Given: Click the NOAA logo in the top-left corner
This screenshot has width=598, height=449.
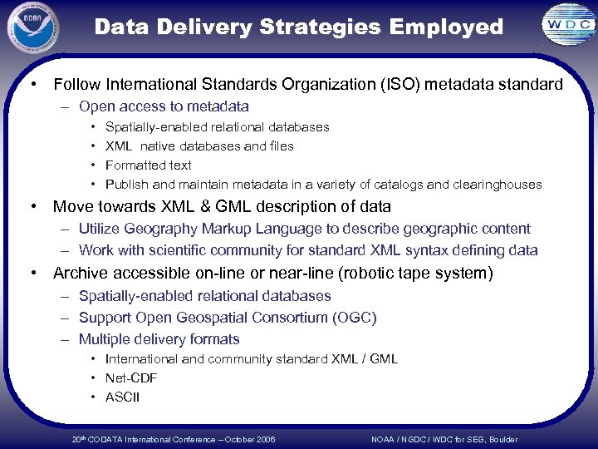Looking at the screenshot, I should pyautogui.click(x=33, y=27).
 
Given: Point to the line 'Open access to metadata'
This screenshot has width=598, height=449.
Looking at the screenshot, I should pyautogui.click(x=164, y=106).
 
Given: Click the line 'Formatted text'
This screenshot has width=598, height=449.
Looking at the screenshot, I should pyautogui.click(x=149, y=165).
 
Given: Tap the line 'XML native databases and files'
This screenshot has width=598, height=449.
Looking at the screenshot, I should pyautogui.click(x=199, y=146).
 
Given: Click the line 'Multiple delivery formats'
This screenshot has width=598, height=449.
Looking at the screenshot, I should pyautogui.click(x=159, y=339).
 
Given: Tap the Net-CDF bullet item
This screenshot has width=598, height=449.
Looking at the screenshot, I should pyautogui.click(x=131, y=378).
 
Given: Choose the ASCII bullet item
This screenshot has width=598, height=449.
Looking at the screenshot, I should pyautogui.click(x=123, y=397).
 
